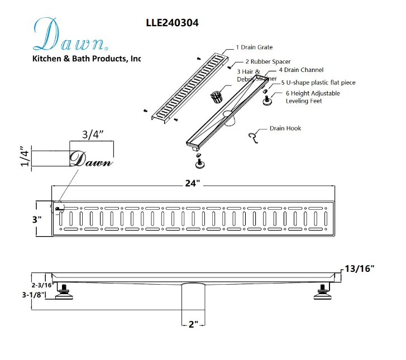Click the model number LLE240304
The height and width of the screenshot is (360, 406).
point(172,23)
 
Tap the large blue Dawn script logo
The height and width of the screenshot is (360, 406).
point(70,35)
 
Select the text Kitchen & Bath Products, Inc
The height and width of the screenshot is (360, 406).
point(87,59)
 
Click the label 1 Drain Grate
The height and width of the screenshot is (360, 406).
point(254,47)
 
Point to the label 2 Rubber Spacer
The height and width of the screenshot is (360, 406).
point(268,61)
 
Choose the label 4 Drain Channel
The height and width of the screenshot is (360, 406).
point(301,70)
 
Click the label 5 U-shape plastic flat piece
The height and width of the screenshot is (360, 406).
point(318,83)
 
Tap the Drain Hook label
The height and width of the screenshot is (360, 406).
point(285,128)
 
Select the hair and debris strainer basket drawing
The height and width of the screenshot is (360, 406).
point(216,97)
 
